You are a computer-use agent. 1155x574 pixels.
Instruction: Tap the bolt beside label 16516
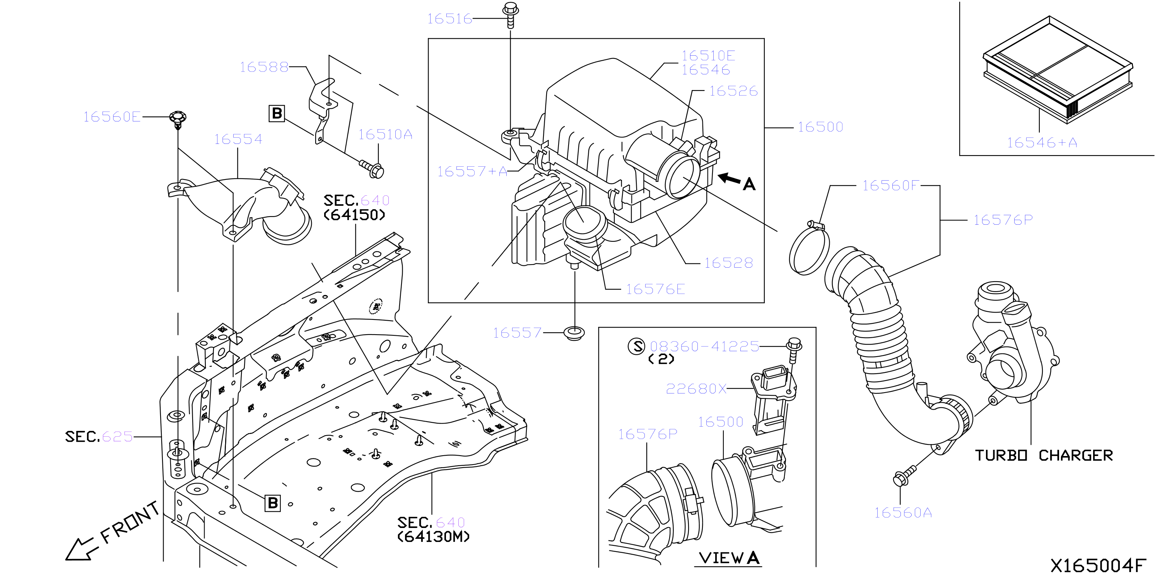point(511,15)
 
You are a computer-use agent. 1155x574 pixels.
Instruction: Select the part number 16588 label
point(264,67)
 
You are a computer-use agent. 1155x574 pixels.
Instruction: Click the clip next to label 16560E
point(178,119)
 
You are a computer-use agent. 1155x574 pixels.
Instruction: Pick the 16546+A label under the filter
point(1042,143)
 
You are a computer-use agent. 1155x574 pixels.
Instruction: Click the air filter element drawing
point(1058,70)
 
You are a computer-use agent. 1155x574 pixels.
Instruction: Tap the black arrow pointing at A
point(729,178)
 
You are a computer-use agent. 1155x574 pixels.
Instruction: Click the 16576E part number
point(656,289)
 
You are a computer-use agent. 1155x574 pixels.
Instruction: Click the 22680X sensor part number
point(696,389)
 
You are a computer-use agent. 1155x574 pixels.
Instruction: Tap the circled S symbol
point(636,346)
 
